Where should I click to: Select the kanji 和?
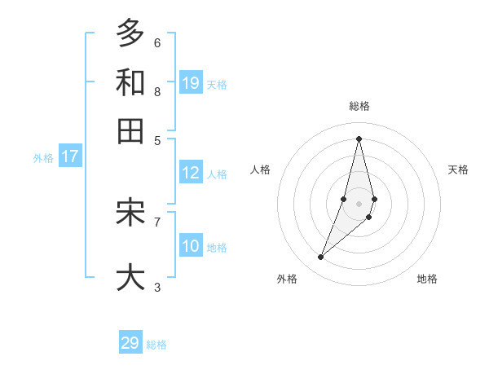130,82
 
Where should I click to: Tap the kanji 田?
130,131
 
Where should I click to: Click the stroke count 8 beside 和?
157,91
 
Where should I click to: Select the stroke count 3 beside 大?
157,287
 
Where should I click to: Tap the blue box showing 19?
191,82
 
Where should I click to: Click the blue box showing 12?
191,173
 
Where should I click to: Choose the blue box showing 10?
191,246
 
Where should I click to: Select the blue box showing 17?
70,156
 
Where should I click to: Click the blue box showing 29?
130,343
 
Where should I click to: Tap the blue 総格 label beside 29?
156,345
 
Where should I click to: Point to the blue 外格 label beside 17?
43,158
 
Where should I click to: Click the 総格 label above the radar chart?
359,106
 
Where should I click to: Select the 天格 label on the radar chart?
458,169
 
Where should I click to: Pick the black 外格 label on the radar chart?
287,279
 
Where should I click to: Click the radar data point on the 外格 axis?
321,258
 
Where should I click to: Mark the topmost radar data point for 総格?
359,138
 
